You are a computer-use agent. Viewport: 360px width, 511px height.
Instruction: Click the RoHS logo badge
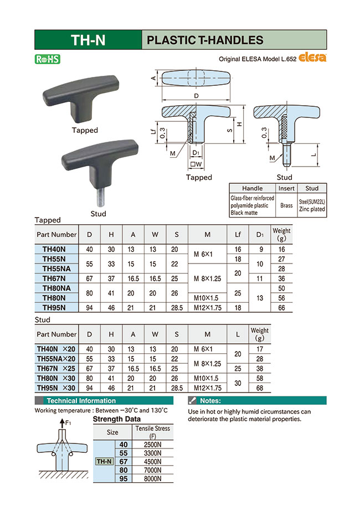pos(47,59)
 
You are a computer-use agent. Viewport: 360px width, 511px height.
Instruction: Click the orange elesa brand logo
pos(313,57)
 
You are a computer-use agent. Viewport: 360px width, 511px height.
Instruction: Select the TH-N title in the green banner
pos(88,40)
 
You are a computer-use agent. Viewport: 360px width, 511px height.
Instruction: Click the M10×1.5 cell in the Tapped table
pos(208,298)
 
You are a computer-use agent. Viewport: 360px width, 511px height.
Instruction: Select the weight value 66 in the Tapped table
pos(281,308)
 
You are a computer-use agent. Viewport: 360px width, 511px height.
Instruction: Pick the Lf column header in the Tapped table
pos(238,235)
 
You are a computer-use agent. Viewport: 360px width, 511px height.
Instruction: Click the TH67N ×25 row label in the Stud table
pos(56,369)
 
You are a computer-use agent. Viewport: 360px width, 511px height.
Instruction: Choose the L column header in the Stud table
pos(238,334)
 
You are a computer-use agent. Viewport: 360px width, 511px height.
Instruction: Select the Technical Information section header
pos(81,400)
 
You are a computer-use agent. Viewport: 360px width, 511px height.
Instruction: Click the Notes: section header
pos(210,400)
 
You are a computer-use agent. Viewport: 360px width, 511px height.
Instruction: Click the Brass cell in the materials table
pos(286,205)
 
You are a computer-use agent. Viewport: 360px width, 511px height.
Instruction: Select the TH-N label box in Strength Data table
pos(104,461)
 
